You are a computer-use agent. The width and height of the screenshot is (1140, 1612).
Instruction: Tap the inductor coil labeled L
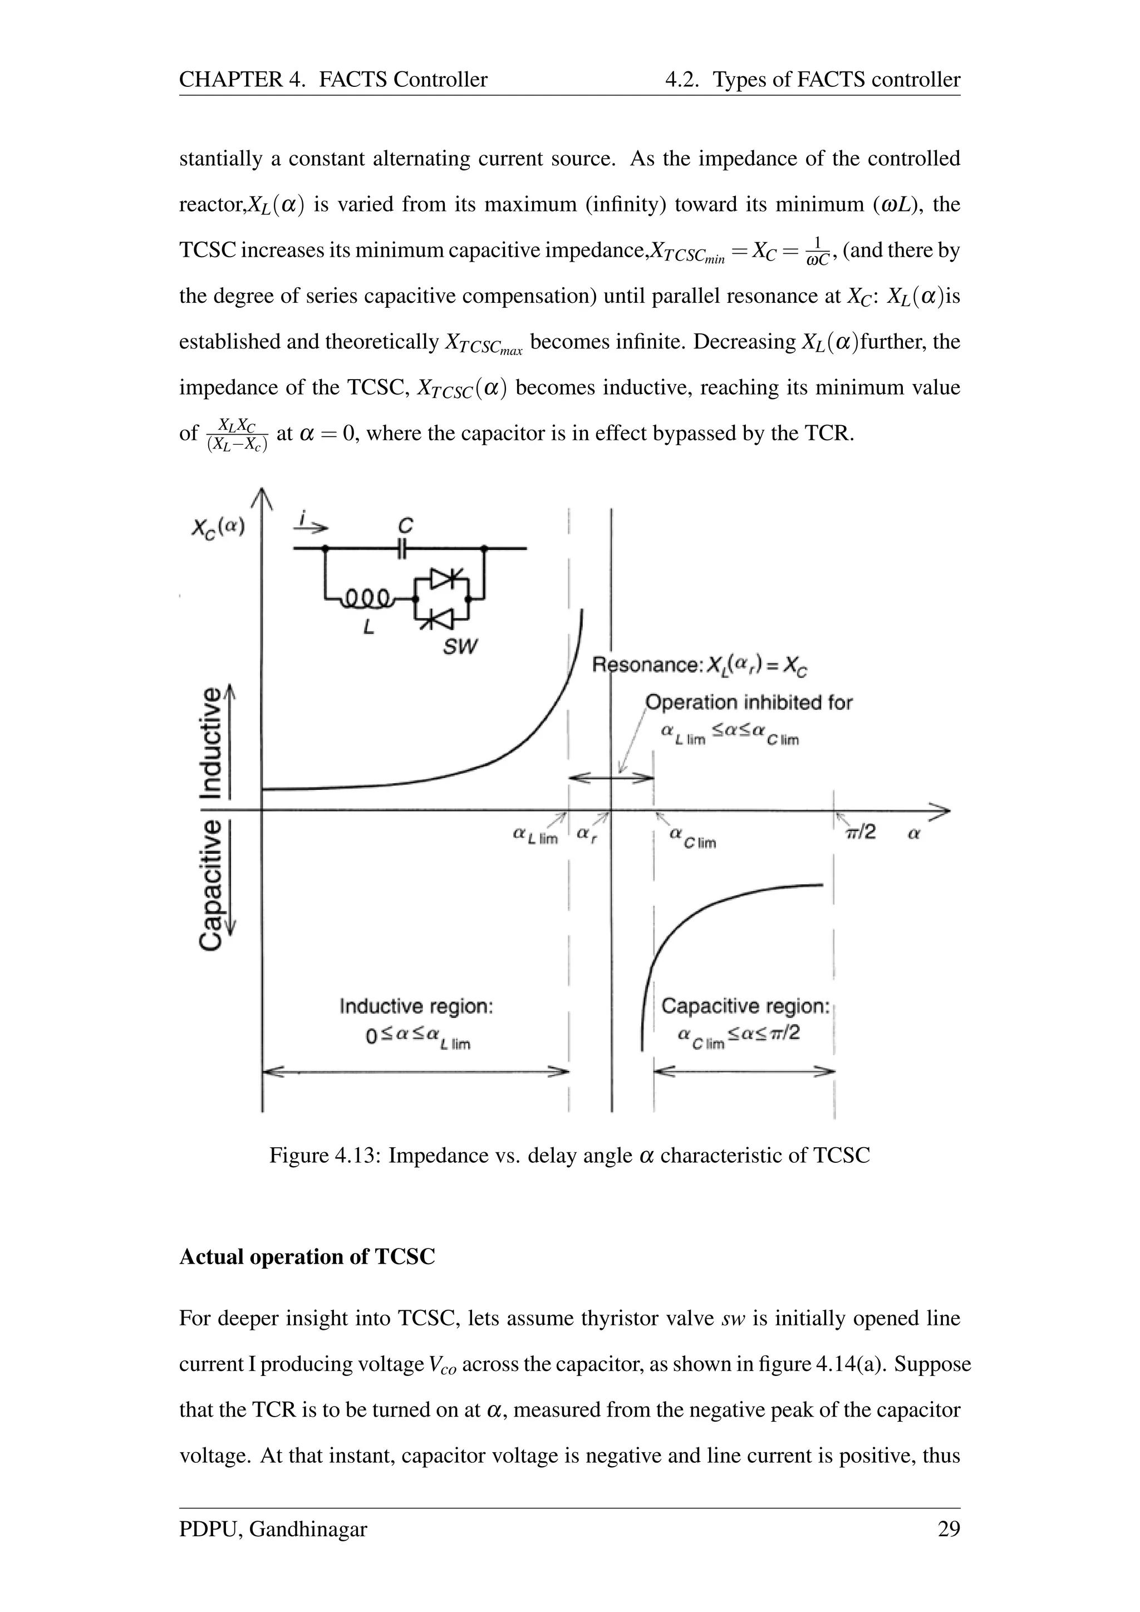366,598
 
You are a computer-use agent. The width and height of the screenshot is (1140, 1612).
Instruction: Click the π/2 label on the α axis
861,833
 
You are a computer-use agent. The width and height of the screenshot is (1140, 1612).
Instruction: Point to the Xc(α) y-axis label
218,527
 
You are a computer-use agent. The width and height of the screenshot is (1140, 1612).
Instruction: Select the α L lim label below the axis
535,836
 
